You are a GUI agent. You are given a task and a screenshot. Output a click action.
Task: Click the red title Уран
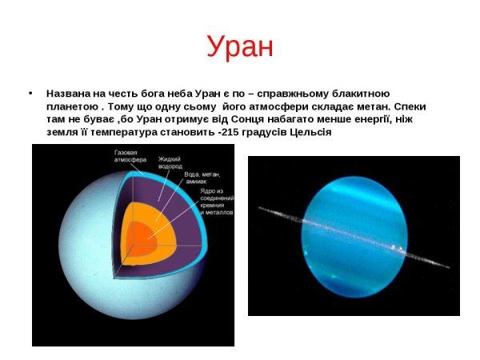(239, 46)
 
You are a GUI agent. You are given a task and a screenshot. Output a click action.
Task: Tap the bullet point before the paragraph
(30, 94)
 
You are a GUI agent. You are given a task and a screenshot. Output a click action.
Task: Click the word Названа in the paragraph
(68, 94)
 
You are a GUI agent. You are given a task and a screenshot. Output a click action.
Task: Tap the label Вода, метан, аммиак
(202, 178)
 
